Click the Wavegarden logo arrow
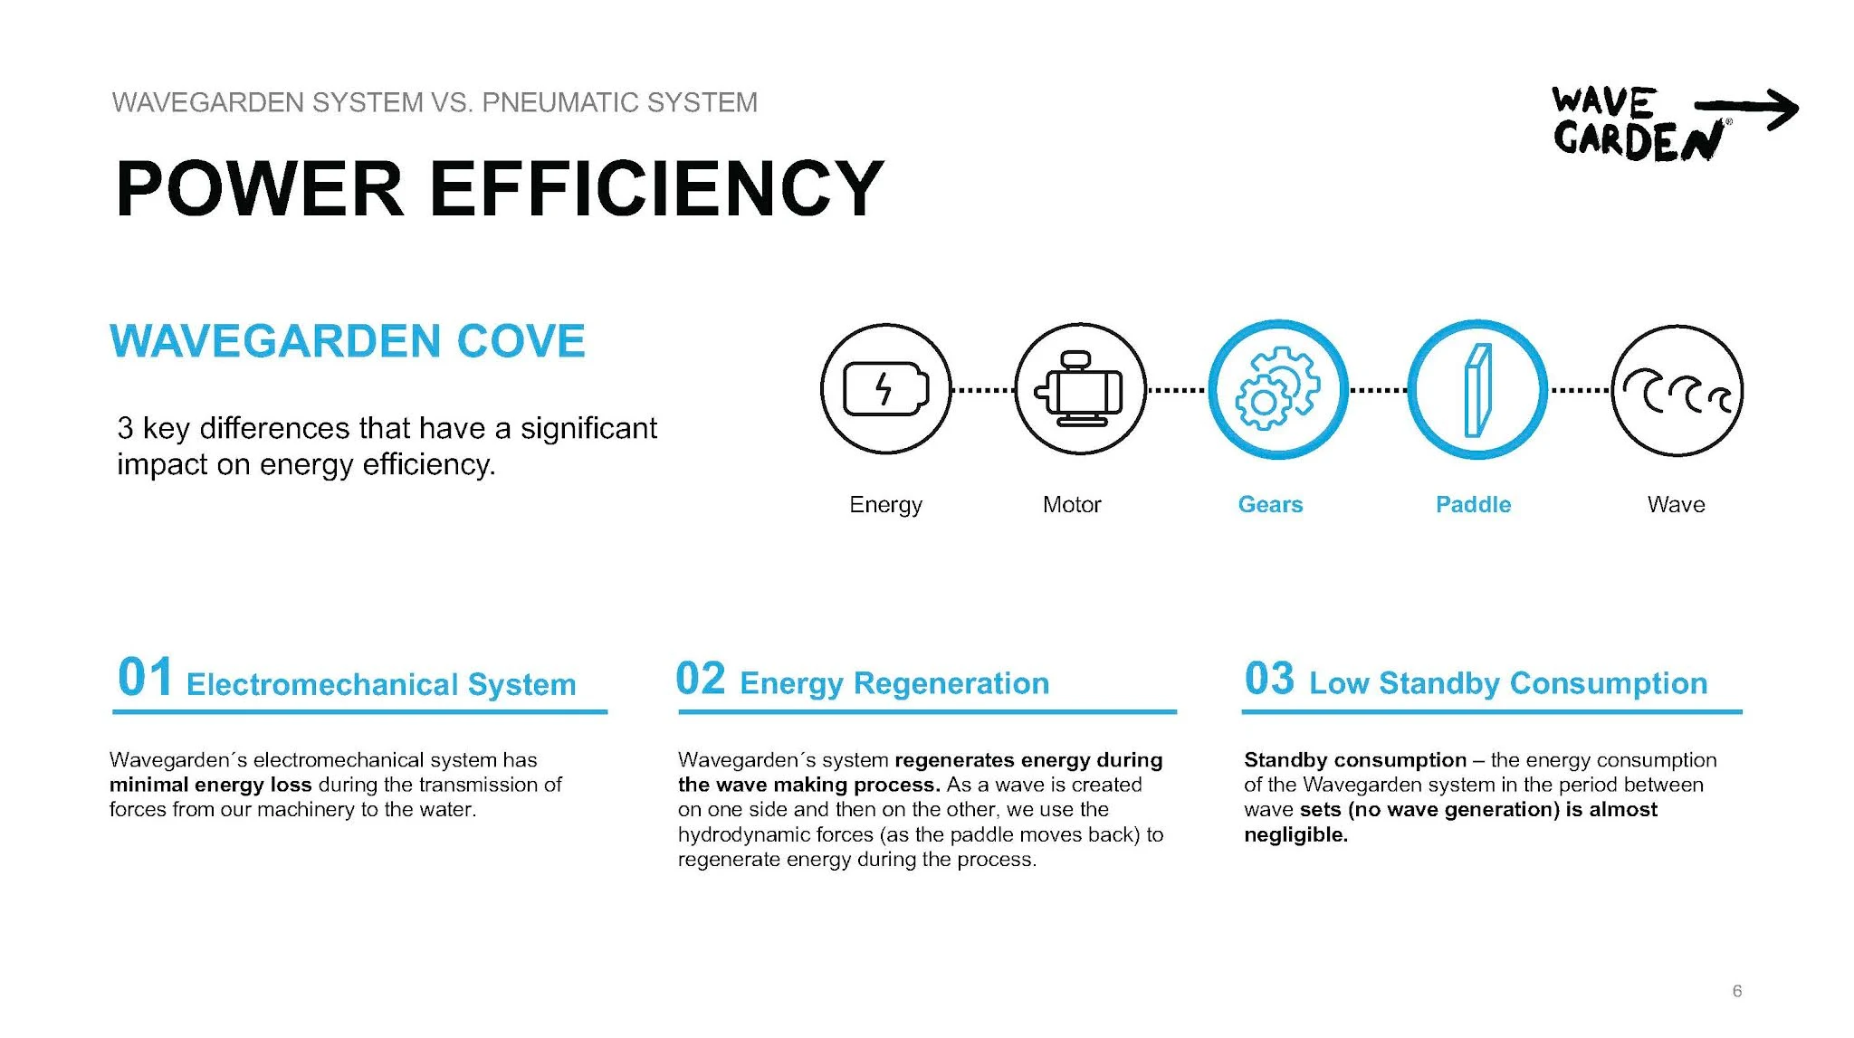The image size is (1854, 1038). pos(1747,110)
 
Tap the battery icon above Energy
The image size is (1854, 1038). pos(886,389)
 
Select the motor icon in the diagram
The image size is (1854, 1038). pos(1079,389)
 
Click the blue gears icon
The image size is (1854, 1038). pos(1277,388)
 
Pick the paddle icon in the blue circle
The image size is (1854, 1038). pos(1477,390)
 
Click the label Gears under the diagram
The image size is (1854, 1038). pos(1270,504)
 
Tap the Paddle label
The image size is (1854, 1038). pos(1473,504)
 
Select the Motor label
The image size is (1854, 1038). pos(1072,504)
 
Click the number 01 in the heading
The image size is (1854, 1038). pos(145,677)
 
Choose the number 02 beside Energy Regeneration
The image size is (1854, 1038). pos(701,679)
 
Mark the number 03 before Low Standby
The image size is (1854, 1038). pos(1269,679)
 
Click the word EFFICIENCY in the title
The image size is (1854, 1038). pos(656,188)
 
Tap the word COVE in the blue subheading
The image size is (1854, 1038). pos(521,341)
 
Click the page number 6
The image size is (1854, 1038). pos(1736,991)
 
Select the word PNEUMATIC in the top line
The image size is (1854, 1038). pos(547,102)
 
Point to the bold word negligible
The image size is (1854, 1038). pos(1295,834)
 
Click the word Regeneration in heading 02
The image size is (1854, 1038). pos(951,683)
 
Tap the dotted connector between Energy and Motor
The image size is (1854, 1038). pos(983,390)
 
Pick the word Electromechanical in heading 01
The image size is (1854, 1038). pos(321,684)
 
